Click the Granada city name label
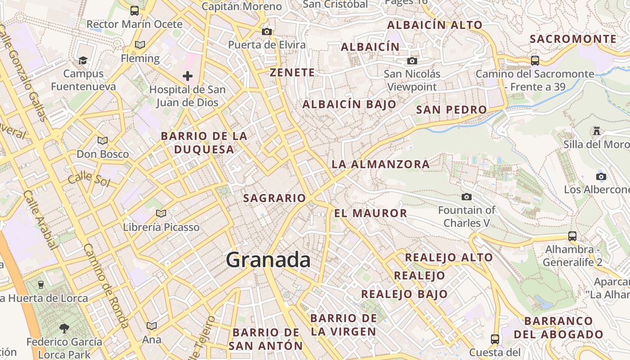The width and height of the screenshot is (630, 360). [x=268, y=260]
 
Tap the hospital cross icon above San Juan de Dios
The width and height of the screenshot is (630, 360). [x=188, y=76]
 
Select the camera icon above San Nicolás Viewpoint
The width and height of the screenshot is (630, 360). [x=412, y=61]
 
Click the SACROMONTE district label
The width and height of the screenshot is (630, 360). [x=573, y=39]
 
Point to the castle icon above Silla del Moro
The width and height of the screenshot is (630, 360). [x=597, y=131]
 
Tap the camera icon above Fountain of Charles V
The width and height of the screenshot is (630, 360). [x=467, y=197]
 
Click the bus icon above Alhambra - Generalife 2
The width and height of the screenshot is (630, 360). [x=572, y=236]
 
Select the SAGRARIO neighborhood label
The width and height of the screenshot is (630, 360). [x=274, y=198]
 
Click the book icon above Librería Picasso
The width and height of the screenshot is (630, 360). [x=161, y=213]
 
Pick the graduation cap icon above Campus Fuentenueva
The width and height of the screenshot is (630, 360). [x=83, y=60]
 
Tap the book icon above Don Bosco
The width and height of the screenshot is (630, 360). [x=103, y=140]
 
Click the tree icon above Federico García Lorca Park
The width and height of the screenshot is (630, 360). [x=64, y=328]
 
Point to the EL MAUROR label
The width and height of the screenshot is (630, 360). [x=370, y=213]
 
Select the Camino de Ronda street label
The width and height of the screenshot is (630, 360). [x=106, y=285]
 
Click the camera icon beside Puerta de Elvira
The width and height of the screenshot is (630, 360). [x=267, y=31]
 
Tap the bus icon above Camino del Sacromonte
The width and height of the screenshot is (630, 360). [x=535, y=60]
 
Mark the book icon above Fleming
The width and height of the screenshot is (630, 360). [x=140, y=45]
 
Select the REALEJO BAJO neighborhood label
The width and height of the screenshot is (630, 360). [x=404, y=294]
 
